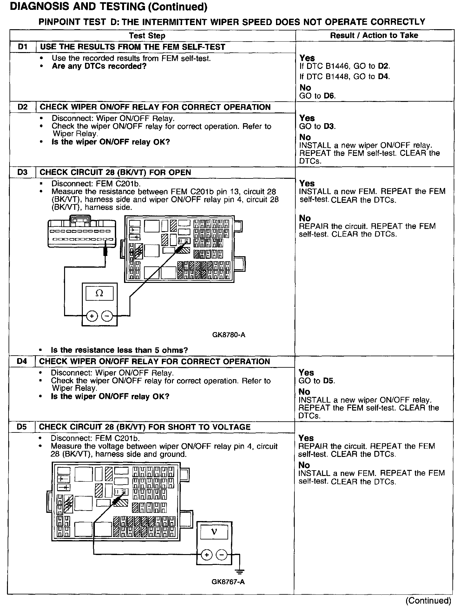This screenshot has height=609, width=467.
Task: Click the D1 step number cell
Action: click(23, 47)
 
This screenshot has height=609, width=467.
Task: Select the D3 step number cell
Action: click(23, 172)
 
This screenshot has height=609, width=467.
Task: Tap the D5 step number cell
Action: click(22, 427)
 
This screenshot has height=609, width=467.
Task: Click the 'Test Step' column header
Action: click(147, 36)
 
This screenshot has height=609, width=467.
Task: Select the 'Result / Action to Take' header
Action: click(374, 35)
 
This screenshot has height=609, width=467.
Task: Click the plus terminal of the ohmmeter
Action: click(92, 316)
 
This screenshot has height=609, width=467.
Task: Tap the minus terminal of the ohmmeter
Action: click(107, 316)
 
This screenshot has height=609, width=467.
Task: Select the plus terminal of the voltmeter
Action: click(207, 555)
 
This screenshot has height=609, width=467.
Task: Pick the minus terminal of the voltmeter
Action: click(221, 555)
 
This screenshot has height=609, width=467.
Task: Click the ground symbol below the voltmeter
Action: click(240, 572)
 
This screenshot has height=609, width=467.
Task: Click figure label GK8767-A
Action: click(228, 582)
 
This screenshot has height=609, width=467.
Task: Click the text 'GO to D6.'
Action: click(318, 96)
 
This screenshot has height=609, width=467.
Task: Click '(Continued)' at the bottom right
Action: click(428, 600)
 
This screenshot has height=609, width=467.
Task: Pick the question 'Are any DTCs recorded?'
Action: click(99, 66)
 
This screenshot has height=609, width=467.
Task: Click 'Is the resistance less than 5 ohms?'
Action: click(119, 350)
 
